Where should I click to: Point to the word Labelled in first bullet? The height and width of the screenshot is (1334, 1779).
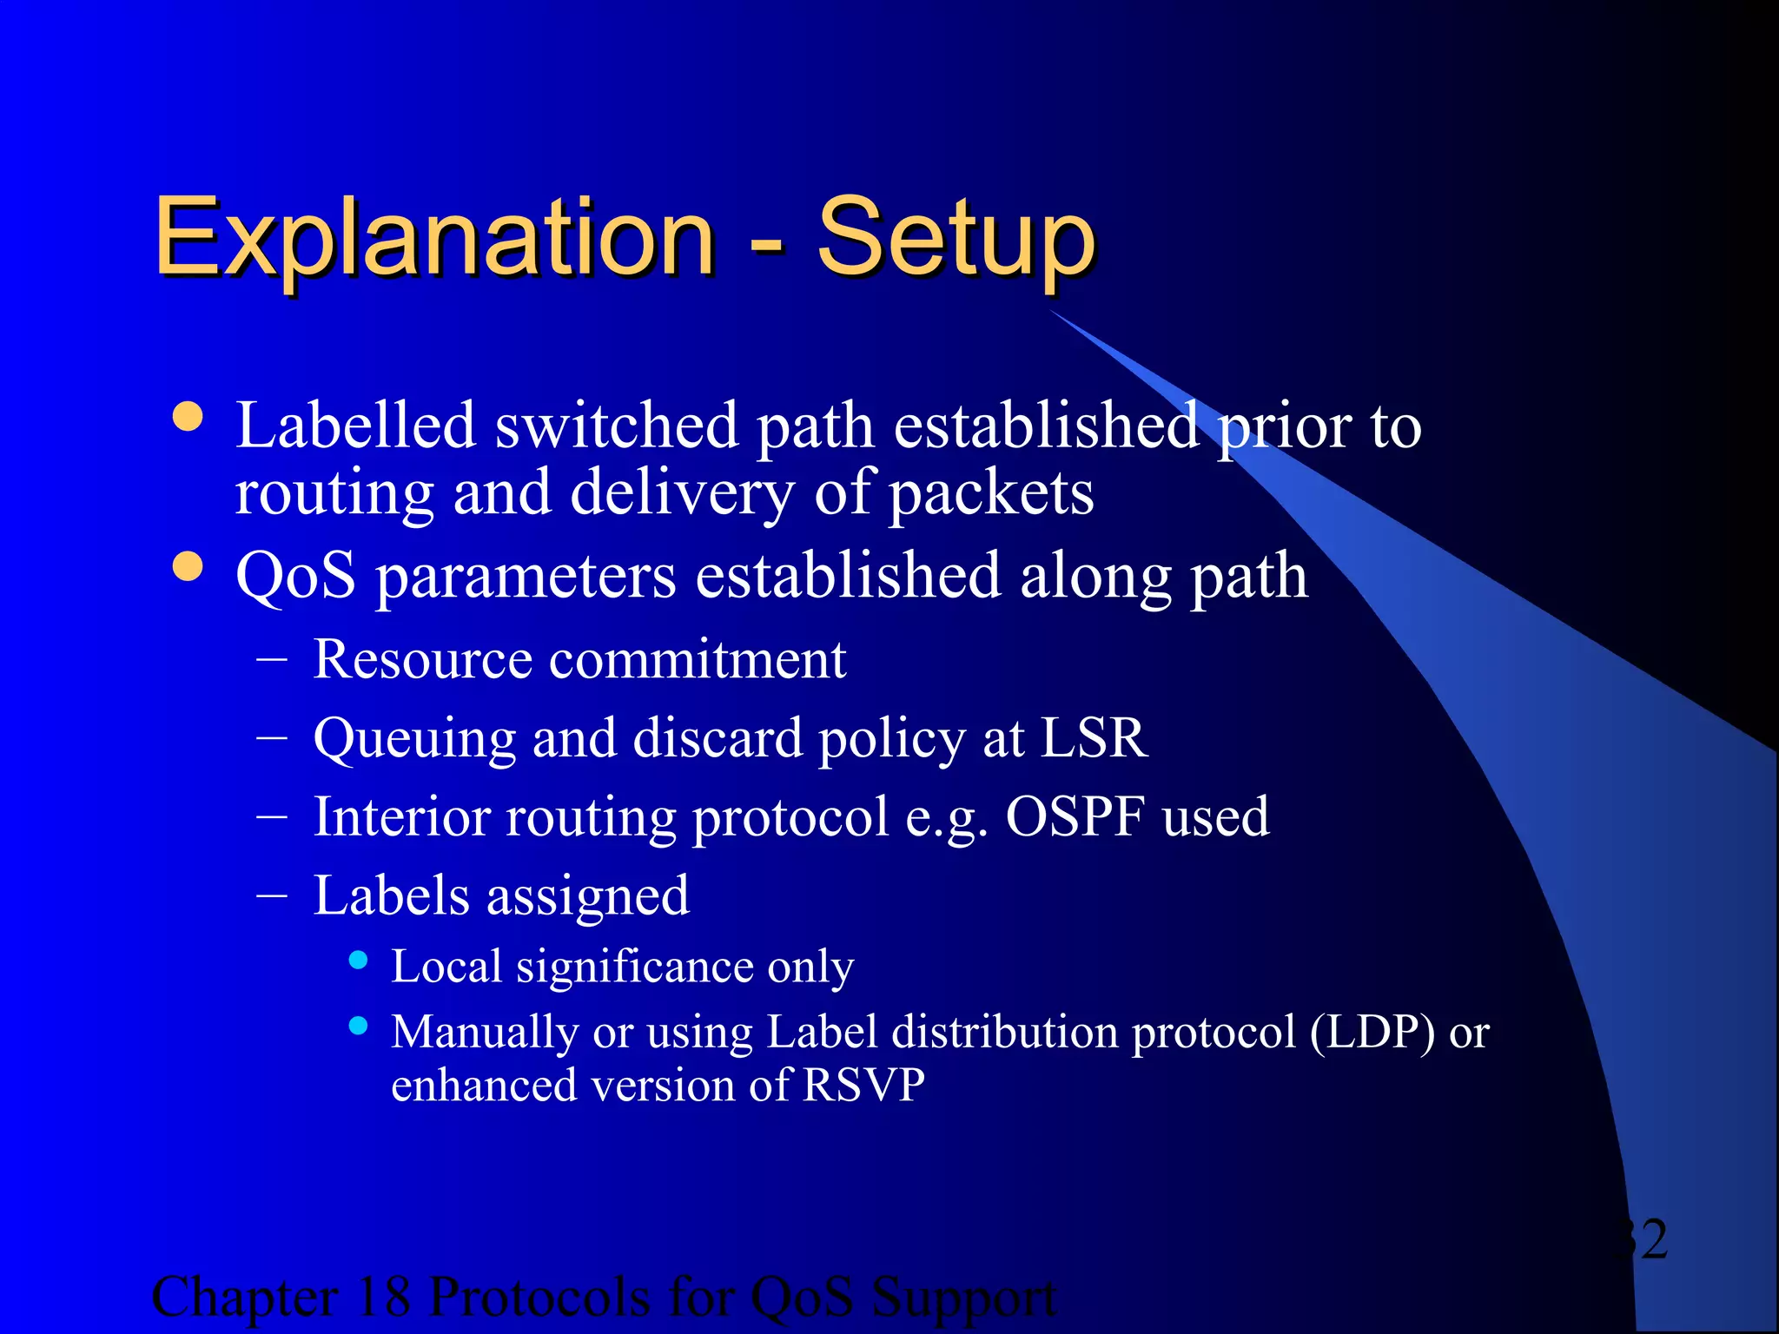click(x=356, y=426)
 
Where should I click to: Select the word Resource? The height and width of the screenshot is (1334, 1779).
click(x=422, y=659)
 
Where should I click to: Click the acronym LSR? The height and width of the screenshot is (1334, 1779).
click(x=1094, y=738)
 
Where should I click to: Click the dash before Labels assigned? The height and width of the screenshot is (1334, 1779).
click(x=272, y=895)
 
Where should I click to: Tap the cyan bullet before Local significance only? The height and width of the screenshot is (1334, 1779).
click(x=358, y=961)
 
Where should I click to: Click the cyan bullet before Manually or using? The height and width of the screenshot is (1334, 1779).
click(x=358, y=1026)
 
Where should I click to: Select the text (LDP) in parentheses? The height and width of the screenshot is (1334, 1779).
click(x=1372, y=1034)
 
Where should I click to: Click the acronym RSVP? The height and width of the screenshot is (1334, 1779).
click(x=863, y=1086)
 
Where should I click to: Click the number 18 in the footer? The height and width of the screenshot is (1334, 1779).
click(x=383, y=1298)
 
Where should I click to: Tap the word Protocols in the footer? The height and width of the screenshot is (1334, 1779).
click(x=539, y=1298)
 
